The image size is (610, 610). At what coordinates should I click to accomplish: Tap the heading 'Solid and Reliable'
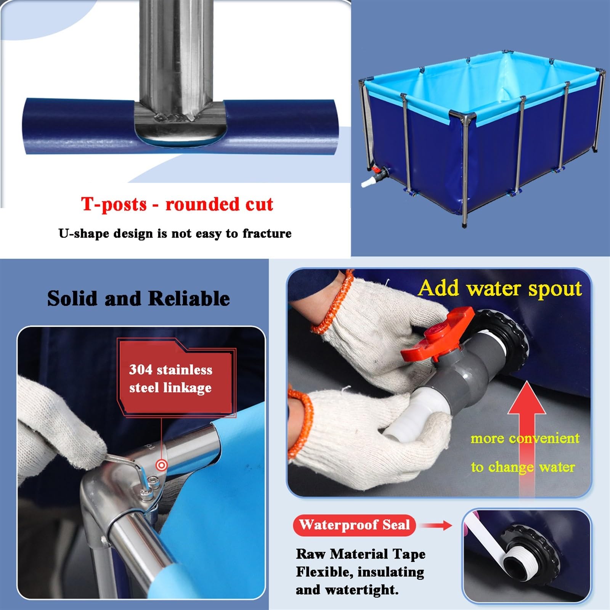tap(138, 299)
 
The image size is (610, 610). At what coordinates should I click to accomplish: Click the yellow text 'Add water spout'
tap(500, 288)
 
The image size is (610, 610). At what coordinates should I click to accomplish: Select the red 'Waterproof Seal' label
tap(354, 525)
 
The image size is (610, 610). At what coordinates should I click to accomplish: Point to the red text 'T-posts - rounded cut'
tap(177, 204)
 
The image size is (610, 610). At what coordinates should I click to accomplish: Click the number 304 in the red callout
tap(141, 369)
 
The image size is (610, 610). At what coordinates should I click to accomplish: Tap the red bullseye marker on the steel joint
tap(162, 465)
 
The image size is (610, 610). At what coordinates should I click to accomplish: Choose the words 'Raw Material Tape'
tap(361, 554)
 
